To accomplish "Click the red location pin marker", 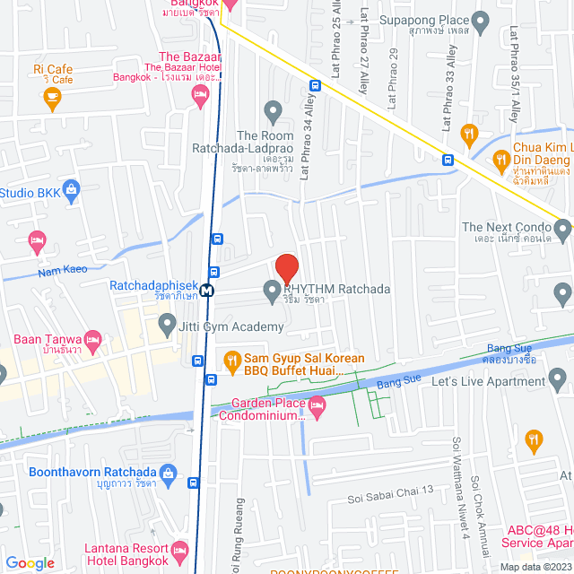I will click(x=286, y=268).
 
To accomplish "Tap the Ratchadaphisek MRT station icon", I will click(x=208, y=290).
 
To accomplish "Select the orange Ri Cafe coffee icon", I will click(x=52, y=97).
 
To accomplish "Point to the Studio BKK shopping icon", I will click(x=74, y=190).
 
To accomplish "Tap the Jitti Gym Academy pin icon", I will click(x=166, y=322).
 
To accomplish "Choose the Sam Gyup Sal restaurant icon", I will click(x=231, y=361).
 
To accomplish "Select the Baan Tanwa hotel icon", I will click(x=92, y=340).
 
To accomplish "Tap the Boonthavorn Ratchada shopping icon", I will click(x=167, y=473).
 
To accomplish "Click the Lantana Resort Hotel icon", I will click(x=180, y=549).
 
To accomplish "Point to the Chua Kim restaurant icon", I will click(x=501, y=161).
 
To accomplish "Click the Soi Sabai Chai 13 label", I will click(x=391, y=490).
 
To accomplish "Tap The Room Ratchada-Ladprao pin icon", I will click(x=274, y=110).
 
